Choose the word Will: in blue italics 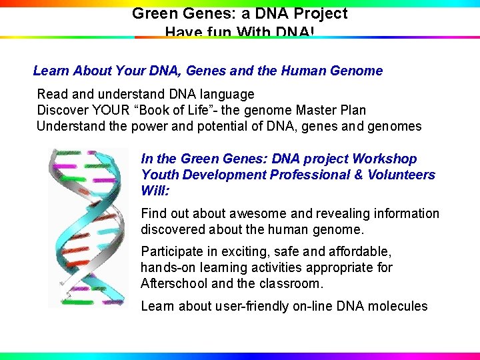tap(155, 191)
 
